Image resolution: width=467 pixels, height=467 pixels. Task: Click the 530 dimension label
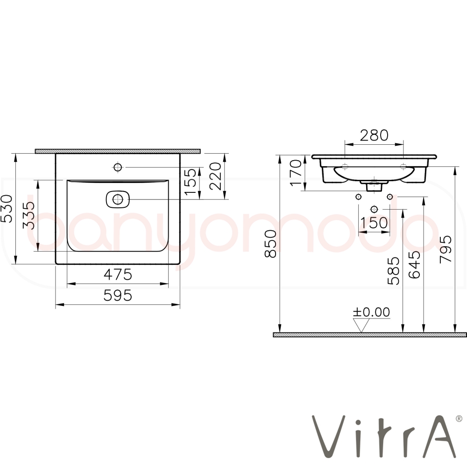tap(7, 208)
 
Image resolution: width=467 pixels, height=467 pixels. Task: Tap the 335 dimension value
tap(29, 215)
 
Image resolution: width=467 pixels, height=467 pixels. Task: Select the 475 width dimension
tap(118, 274)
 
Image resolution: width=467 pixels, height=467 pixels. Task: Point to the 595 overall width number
tap(118, 296)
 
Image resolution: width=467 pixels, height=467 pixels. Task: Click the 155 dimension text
tap(191, 182)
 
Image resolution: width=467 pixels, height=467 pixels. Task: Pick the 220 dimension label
tap(216, 177)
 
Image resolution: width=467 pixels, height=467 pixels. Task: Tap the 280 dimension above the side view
tap(374, 135)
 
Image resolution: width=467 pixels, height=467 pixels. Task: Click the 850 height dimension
tap(271, 244)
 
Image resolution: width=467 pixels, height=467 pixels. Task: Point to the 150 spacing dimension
tap(374, 223)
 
